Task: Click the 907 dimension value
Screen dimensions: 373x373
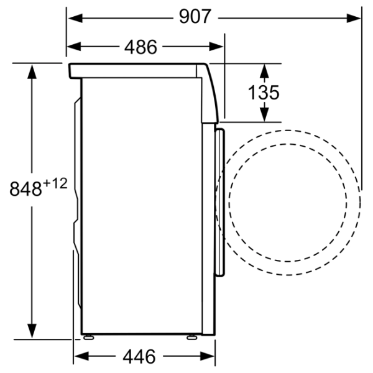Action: [195, 16]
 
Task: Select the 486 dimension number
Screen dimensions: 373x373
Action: [140, 47]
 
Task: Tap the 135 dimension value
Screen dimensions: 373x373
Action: [264, 93]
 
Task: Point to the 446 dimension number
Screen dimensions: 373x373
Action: [139, 357]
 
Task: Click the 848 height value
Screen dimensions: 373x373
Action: [25, 188]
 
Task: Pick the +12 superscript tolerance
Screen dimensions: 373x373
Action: [55, 183]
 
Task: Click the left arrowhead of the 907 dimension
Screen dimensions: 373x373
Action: [75, 18]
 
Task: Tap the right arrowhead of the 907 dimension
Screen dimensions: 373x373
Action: [354, 18]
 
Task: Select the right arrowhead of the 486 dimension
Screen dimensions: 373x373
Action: [216, 47]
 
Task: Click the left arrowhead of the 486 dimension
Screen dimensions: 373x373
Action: [74, 47]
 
